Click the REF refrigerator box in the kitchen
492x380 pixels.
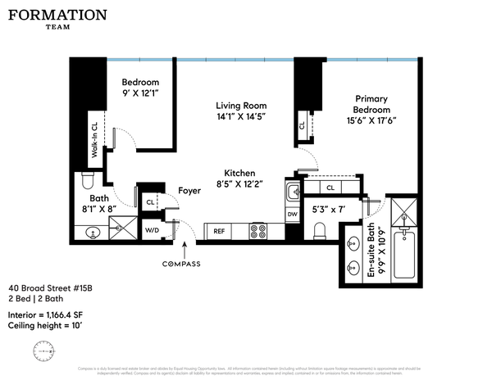pyautogui.click(x=219, y=232)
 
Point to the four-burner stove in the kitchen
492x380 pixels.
pyautogui.click(x=258, y=232)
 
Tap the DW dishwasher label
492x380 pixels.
pyautogui.click(x=293, y=215)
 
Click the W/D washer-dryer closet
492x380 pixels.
pyautogui.click(x=152, y=231)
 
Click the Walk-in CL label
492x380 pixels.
pyautogui.click(x=95, y=138)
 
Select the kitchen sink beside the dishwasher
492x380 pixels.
pyautogui.click(x=293, y=193)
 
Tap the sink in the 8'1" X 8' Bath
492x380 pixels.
pyautogui.click(x=93, y=233)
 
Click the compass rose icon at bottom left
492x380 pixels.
pyautogui.click(x=42, y=351)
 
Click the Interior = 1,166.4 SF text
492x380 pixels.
pyautogui.click(x=52, y=314)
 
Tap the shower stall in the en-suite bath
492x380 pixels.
pyautogui.click(x=403, y=211)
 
